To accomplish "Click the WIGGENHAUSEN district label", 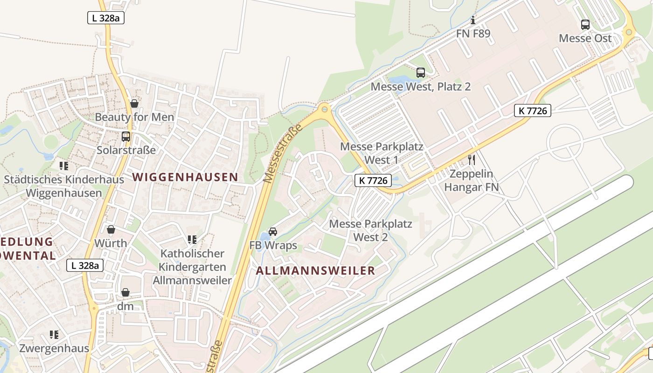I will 185,177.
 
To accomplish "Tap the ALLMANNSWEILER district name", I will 315,271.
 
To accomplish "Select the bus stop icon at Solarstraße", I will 126,137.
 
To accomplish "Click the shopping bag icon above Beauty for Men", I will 134,103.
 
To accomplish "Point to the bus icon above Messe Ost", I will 585,25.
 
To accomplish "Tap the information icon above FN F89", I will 473,20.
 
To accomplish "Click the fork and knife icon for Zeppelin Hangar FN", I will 472,160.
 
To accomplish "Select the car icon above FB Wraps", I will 273,232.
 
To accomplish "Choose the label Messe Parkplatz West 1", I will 382,153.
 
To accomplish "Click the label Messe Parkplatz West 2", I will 371,230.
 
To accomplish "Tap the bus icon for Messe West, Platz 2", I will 421,72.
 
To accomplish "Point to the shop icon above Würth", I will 111,229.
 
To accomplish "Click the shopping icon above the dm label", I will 125,292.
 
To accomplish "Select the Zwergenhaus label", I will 54,348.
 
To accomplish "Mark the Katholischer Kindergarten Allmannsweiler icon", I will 192,240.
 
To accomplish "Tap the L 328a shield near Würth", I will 84,265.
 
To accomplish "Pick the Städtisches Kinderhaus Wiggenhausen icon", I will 64,166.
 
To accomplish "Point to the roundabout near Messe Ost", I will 629,32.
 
